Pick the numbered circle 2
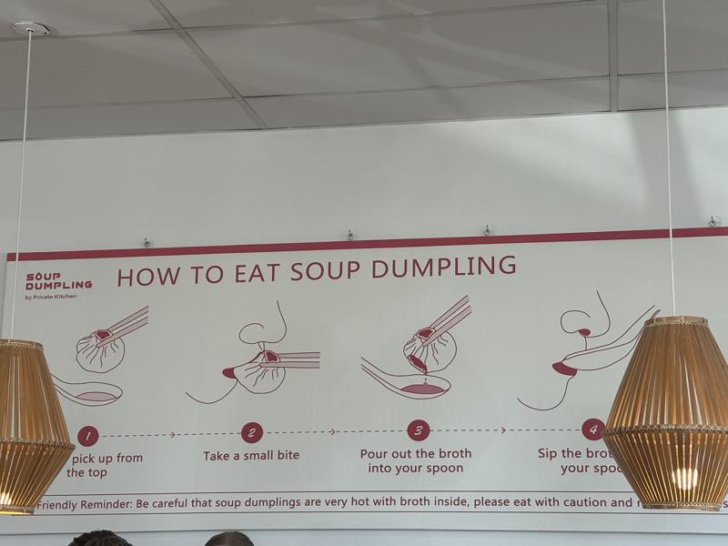252,433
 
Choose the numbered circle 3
418,430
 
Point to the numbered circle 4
592,429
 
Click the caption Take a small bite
251,455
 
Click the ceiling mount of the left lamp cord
29,28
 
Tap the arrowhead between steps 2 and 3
332,431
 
